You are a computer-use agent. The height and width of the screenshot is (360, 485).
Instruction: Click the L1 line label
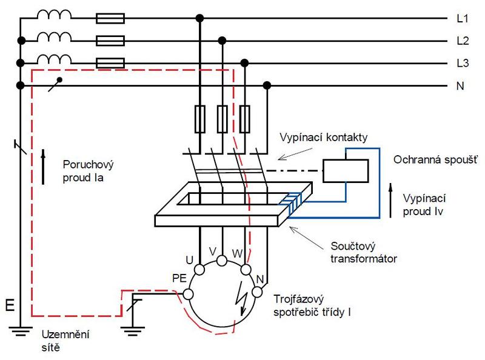pos(463,19)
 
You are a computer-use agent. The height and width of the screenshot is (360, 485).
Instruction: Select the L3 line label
pos(463,63)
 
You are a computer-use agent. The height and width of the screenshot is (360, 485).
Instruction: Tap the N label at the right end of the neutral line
pos(460,85)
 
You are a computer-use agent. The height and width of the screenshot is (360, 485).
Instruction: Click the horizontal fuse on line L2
pos(110,41)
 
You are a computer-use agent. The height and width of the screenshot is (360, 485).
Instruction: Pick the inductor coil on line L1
pos(54,15)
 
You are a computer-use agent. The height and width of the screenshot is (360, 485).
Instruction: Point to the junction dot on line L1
pos(200,18)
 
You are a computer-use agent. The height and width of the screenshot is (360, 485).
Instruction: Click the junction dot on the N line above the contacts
pos(267,85)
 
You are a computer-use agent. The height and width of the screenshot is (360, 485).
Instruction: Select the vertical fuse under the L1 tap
pos(200,119)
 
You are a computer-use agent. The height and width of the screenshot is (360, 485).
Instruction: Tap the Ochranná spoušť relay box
pos(346,171)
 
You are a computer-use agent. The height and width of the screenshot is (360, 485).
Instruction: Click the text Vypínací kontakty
pos(324,138)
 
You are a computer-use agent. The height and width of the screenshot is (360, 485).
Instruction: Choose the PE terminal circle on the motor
pos(188,294)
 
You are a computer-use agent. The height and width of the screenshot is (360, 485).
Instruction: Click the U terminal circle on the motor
pos(199,270)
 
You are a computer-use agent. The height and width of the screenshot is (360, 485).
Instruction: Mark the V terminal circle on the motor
pos(222,261)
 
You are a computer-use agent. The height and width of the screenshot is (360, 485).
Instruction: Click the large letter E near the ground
pos(10,305)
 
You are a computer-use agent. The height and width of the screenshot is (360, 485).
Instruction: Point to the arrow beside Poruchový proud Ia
pos(43,167)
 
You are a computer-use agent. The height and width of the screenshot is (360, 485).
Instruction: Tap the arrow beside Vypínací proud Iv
pos(390,201)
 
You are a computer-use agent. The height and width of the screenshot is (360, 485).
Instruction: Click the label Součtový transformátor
pos(363,252)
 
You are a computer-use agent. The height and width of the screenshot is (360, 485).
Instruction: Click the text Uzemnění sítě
pos(65,341)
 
